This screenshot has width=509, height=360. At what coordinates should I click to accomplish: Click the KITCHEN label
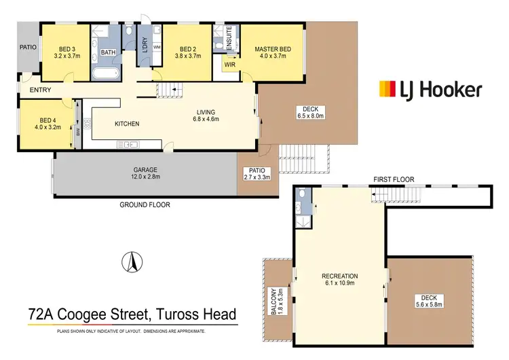[x=127, y=124]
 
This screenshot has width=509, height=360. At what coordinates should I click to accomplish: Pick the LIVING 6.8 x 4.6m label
[x=206, y=117]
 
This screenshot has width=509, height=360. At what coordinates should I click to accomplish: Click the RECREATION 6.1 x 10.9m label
[x=340, y=280]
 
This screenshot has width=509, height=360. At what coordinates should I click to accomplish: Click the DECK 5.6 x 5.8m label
[x=428, y=302]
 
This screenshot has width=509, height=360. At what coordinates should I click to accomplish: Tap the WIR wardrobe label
[x=230, y=65]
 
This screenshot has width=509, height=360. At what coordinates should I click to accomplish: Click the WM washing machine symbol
[x=156, y=47]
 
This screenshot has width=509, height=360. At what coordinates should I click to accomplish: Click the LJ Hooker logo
[x=430, y=89]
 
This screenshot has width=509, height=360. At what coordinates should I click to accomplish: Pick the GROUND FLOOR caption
[x=145, y=204]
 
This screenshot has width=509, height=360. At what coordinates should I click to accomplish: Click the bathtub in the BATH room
[x=107, y=73]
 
